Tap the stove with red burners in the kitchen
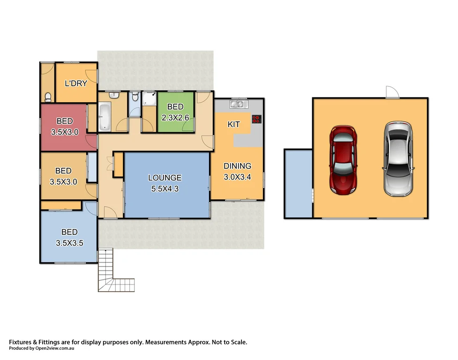pyautogui.click(x=256, y=119)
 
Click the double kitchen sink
pyautogui.click(x=239, y=103)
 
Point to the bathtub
pyautogui.click(x=104, y=117)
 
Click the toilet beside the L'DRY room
pyautogui.click(x=47, y=97)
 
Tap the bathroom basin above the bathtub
pyautogui.click(x=113, y=95)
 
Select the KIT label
pyautogui.click(x=233, y=124)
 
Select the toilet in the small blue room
pyautogui.click(x=135, y=97)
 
